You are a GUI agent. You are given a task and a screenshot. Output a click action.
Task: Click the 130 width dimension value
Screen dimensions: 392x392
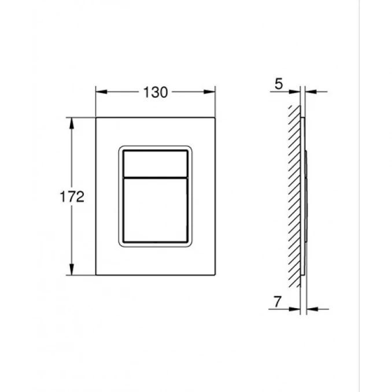point(156,92)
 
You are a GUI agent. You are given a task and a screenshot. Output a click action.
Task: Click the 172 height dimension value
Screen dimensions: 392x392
point(73,197)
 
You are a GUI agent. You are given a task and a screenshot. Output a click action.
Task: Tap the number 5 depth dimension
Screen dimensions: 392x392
point(278,85)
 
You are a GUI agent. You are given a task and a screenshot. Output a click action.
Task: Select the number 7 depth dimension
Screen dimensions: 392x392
point(277,301)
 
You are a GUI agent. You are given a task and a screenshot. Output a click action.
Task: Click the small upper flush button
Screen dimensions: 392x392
point(155,162)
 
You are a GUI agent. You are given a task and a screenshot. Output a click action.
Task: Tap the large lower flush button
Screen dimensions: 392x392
point(155,210)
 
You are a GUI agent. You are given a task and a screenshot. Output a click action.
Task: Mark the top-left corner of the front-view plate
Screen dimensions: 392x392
point(96,118)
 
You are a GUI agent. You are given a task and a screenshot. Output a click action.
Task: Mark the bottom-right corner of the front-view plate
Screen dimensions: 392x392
point(215,275)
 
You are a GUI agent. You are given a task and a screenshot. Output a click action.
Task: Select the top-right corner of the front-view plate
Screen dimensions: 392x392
point(215,118)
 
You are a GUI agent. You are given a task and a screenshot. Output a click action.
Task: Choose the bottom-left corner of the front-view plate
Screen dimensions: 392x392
point(96,275)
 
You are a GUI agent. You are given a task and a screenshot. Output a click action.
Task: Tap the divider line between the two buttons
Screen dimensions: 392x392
point(155,175)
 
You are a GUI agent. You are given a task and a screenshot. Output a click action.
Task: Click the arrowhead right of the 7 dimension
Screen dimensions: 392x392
point(313,308)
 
